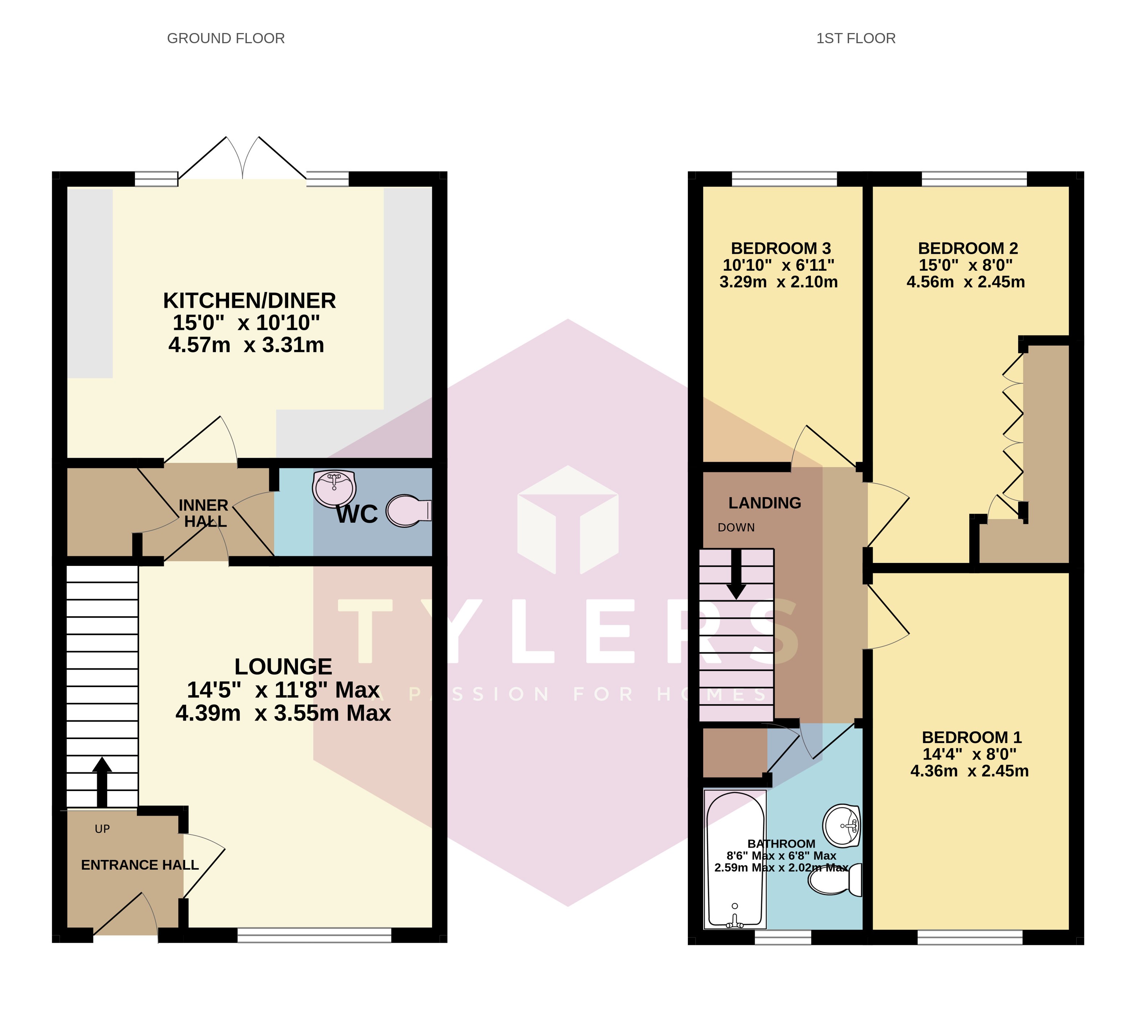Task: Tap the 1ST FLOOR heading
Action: pos(856,38)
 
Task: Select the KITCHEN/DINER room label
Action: pos(249,301)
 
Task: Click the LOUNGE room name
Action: pos(283,667)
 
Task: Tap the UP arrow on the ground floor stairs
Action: pos(102,782)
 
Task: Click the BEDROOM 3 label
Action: pos(781,248)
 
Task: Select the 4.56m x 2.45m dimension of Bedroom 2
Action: pos(965,282)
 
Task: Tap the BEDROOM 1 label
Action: pos(971,737)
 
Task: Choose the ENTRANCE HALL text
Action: pos(140,865)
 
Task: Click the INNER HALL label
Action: pos(204,513)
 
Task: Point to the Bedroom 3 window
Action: pos(784,179)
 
